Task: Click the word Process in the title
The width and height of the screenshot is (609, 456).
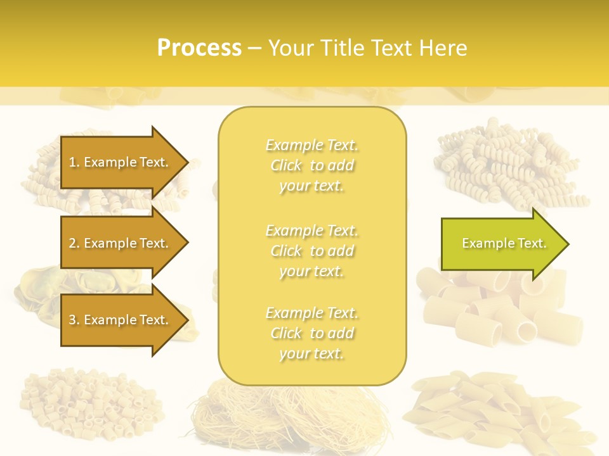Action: pos(199,48)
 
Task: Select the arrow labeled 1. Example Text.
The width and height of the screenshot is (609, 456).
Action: pos(121,162)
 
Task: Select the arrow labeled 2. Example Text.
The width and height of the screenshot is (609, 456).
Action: pos(121,243)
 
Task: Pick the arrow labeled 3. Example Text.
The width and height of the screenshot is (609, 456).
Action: pos(121,320)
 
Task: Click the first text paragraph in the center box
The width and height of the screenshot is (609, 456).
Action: pos(311,165)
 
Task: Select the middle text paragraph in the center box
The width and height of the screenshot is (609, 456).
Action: pos(311,250)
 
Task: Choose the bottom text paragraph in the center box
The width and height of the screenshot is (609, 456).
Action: pos(311,333)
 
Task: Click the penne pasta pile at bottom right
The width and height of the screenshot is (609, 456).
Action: pos(501,412)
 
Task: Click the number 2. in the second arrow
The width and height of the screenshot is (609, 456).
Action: pos(74,243)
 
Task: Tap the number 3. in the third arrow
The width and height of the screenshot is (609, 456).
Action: pos(74,320)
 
